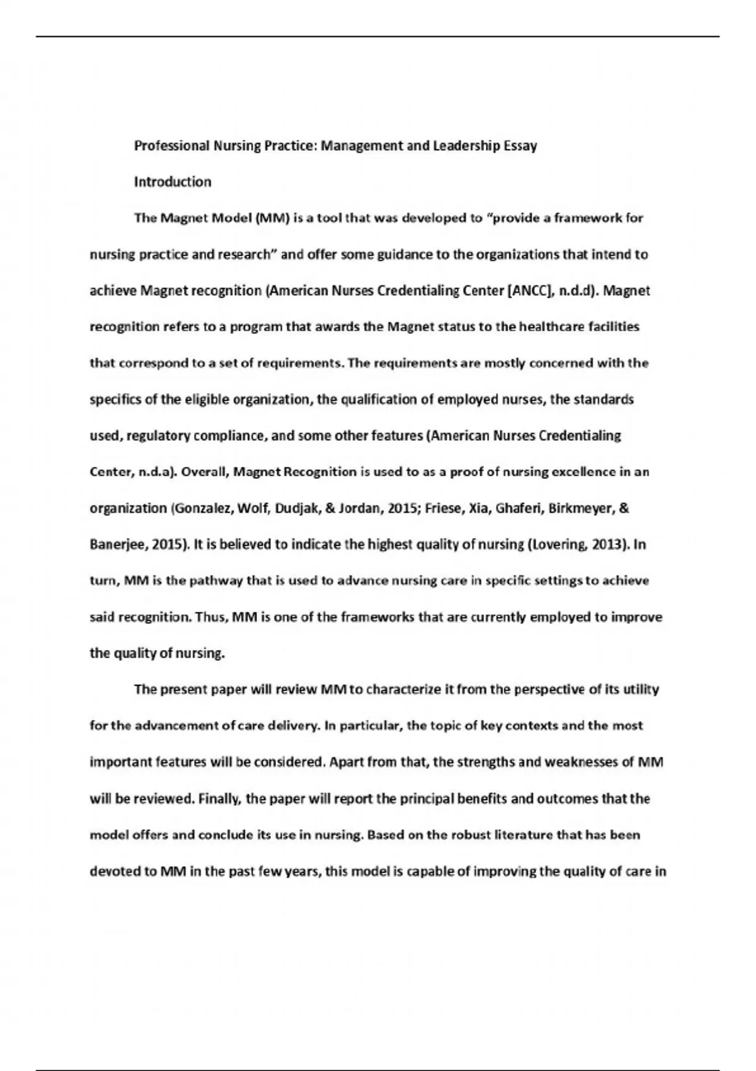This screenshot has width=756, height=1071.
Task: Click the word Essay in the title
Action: click(520, 146)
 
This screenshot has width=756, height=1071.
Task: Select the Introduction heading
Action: click(173, 182)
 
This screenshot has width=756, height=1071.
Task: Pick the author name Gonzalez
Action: click(200, 508)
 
